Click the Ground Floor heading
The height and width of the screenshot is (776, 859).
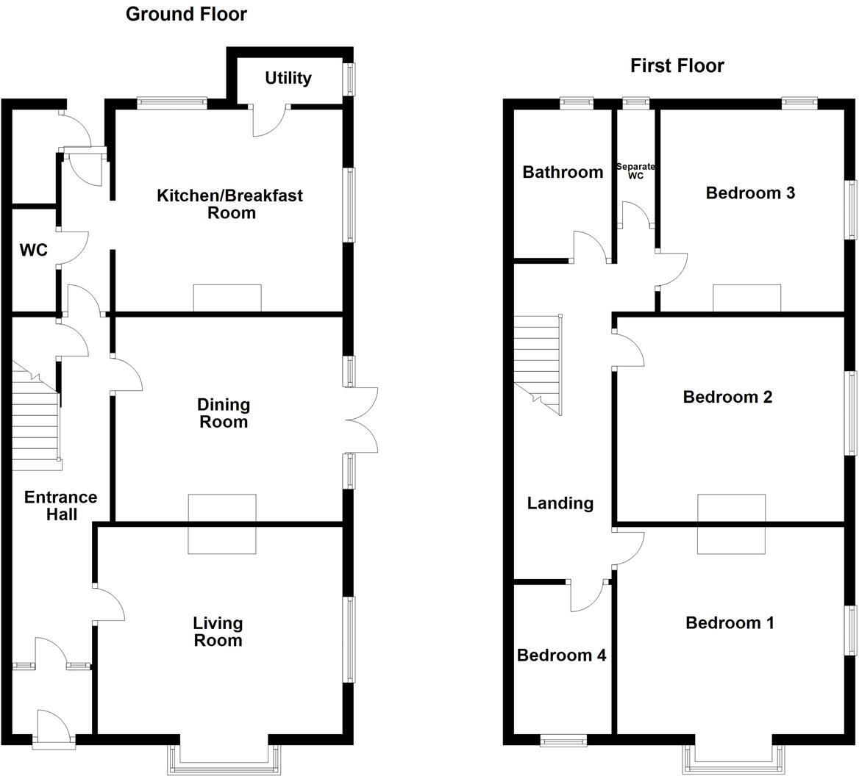[186, 14]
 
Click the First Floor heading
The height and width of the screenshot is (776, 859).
[677, 66]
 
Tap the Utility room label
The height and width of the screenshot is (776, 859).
[288, 78]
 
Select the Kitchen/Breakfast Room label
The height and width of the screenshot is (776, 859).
[229, 204]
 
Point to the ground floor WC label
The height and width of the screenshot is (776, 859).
[33, 250]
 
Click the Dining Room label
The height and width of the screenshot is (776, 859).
[224, 413]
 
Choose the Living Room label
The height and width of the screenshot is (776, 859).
[218, 632]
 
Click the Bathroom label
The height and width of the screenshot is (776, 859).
[563, 172]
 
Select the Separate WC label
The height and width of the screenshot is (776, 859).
[635, 171]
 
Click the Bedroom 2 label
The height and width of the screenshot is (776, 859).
[727, 397]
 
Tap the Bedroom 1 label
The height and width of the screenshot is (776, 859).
[730, 622]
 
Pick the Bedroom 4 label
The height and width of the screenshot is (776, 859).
[561, 655]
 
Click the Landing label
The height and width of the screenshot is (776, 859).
[560, 503]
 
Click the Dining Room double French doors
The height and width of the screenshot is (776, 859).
[362, 420]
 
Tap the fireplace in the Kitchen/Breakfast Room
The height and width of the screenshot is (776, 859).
[227, 298]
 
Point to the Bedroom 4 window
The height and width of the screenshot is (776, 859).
[563, 740]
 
